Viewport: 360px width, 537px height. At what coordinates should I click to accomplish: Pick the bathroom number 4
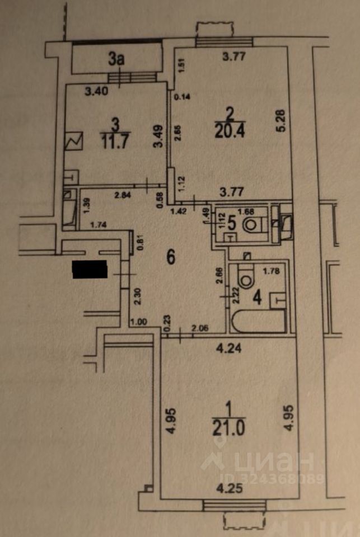[257, 296]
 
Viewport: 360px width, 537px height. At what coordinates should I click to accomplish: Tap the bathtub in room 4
[258, 323]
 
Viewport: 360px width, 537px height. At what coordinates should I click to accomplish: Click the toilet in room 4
[246, 274]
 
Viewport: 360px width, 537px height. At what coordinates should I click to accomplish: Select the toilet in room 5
[255, 225]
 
